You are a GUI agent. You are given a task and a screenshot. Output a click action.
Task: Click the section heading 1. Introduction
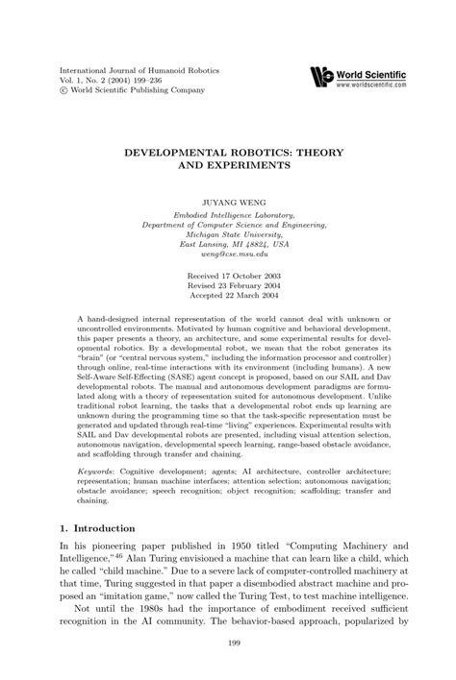98,528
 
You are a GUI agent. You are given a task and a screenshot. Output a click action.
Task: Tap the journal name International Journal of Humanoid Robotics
140,70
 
